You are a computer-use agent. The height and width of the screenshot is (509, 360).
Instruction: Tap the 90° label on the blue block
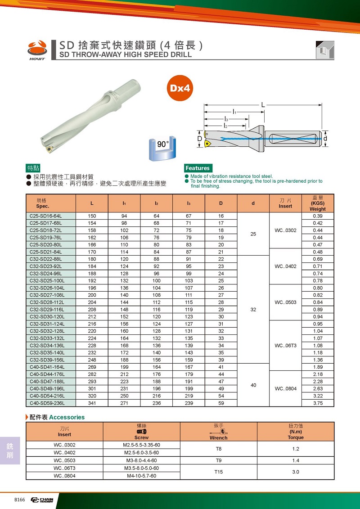163,145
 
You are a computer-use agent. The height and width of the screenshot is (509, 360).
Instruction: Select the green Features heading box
198,168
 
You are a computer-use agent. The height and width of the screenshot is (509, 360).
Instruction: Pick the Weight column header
318,203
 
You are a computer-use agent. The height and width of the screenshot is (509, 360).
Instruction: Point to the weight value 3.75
318,403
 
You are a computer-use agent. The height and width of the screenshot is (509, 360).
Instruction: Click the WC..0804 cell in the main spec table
285,389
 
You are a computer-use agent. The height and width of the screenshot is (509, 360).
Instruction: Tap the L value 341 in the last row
92,403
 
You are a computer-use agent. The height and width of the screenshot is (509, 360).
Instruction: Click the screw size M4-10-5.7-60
141,476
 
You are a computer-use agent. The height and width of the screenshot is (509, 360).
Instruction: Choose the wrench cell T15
219,472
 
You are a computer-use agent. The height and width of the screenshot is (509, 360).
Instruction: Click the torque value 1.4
295,461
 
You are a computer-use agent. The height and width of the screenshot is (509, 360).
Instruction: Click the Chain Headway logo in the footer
42,500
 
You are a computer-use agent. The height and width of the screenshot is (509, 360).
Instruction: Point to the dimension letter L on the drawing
263,105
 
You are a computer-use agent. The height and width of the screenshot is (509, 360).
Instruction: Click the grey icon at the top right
324,50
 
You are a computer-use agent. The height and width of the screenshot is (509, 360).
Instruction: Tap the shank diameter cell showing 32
253,310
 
